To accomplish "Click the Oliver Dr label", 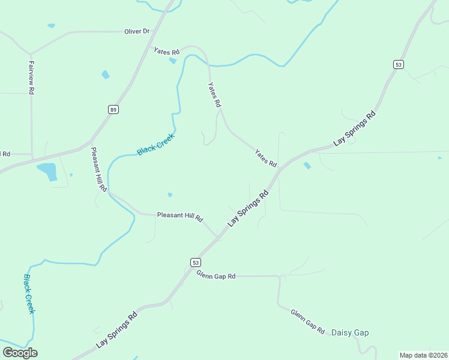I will click(136, 31).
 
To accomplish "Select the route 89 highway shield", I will click(113, 109).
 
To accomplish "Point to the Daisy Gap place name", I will click(350, 332).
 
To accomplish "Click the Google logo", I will click(20, 352).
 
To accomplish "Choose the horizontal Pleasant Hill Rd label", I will click(179, 216).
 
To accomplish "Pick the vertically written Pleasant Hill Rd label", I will click(98, 169).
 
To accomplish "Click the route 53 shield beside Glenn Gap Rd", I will click(196, 262).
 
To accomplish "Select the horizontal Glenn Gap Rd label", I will click(216, 275).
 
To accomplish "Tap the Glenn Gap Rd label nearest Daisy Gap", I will click(307, 322).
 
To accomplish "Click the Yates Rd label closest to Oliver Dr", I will click(166, 52).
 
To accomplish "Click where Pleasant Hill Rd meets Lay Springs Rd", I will click(218, 238).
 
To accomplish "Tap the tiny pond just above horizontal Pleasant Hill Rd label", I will click(170, 194).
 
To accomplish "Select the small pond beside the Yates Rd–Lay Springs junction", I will click(307, 165).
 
